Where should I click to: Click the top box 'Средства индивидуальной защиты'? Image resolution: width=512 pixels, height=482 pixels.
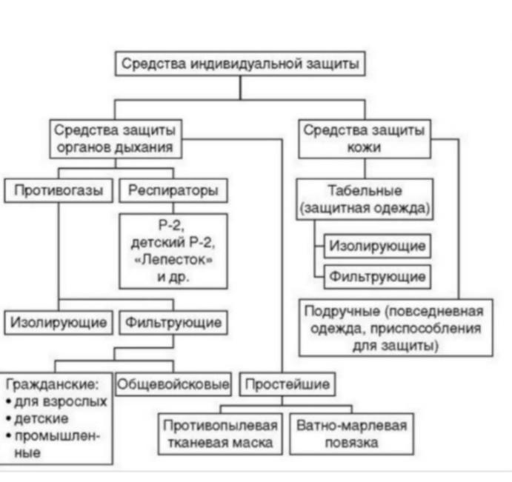point(241,64)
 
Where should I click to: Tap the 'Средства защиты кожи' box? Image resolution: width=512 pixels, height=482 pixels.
point(364,138)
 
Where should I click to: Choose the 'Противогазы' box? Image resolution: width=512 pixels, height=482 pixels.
point(58,191)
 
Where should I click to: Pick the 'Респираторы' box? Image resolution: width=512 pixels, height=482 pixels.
point(173,191)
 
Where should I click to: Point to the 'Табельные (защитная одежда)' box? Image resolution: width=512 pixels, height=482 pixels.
point(365,198)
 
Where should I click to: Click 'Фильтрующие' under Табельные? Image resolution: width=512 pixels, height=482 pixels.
point(378,277)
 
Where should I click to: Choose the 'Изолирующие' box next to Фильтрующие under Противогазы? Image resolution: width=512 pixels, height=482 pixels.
point(58,323)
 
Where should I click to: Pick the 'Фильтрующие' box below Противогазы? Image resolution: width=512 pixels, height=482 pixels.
point(173,323)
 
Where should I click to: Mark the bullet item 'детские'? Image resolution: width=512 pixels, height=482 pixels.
point(42,418)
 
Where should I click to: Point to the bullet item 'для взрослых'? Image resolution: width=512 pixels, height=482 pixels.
point(58,401)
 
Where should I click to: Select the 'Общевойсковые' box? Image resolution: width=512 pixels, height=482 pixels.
point(173,384)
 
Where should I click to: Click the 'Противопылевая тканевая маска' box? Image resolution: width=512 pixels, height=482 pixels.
point(220,435)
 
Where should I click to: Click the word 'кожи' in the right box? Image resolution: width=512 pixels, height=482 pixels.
point(364,147)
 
